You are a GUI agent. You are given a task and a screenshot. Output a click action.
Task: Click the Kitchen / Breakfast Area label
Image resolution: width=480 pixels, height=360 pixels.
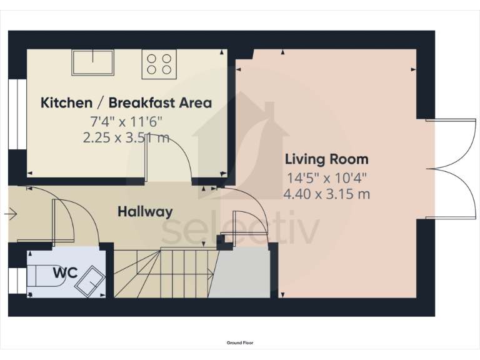pos(126,102)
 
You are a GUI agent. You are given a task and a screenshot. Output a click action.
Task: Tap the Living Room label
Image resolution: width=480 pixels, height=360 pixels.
pos(326,159)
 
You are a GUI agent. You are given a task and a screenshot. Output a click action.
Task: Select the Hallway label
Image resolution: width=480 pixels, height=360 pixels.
pos(145,212)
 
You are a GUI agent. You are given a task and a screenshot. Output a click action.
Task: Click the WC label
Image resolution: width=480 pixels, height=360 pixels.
pos(65,272)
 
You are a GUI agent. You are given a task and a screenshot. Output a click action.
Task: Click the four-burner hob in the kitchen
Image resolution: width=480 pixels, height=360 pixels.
pos(158,64)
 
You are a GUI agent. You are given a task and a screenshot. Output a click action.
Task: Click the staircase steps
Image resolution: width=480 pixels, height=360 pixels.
pos(162,272)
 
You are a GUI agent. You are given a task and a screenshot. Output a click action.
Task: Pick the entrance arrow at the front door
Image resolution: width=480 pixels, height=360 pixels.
pos(11,214)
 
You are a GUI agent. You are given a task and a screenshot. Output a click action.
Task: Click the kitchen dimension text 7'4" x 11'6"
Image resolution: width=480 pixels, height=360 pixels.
pos(126,121)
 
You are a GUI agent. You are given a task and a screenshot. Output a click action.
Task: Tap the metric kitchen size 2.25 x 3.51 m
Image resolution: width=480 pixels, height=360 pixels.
pos(126,138)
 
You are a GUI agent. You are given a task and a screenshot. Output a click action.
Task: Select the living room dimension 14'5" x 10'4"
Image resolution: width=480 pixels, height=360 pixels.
pos(326,177)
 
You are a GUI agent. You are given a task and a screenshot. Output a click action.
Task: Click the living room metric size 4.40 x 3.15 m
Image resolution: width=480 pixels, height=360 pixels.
pos(326,194)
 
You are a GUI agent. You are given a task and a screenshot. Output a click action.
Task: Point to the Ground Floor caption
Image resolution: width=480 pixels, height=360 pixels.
pos(240,342)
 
